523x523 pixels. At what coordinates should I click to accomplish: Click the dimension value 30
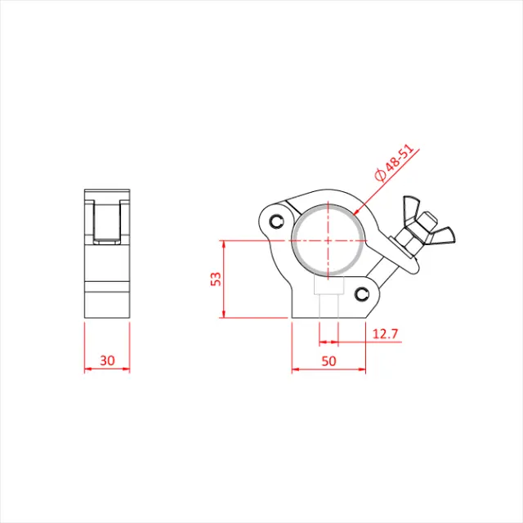(107, 360)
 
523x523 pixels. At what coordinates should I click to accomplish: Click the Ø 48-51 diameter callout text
(394, 163)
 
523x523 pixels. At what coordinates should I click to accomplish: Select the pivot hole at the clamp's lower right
(363, 293)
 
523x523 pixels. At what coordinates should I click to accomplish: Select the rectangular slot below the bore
(327, 292)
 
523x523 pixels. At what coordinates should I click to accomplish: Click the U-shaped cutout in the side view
(107, 221)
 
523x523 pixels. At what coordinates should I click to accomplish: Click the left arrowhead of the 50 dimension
(296, 369)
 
